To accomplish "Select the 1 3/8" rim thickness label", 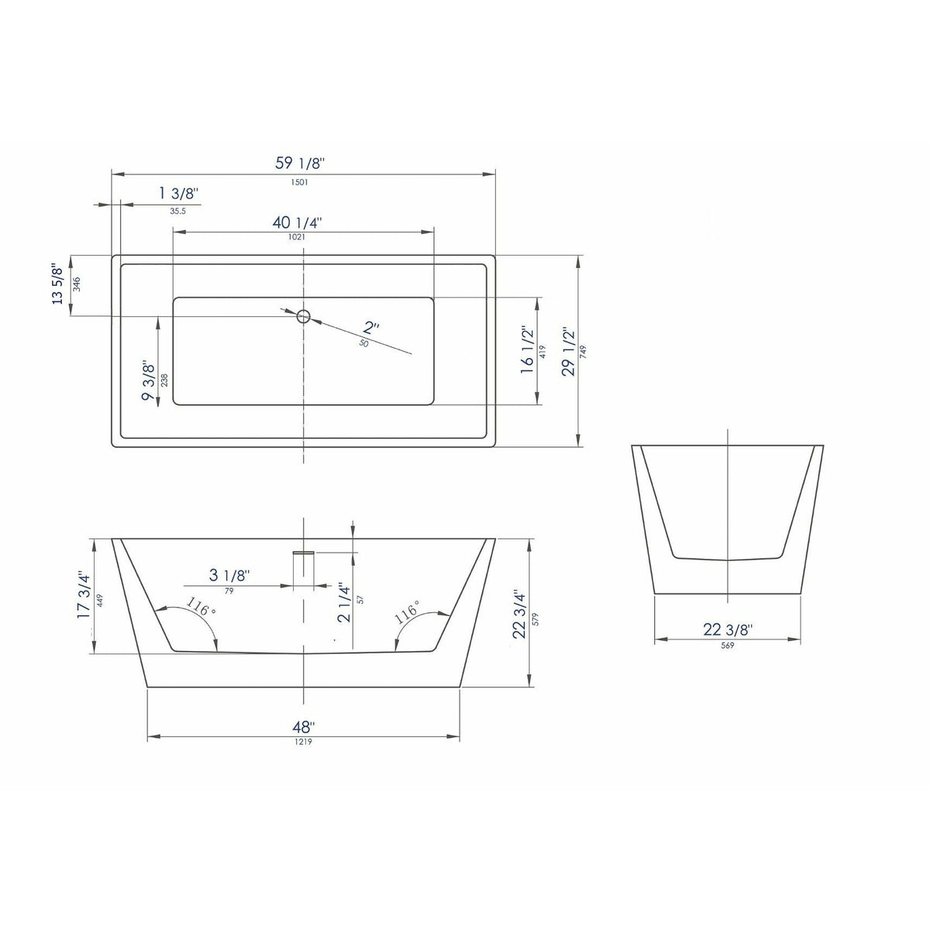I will click(x=179, y=193).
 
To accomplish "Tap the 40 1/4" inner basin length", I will click(x=297, y=222).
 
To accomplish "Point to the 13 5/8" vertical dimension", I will click(x=57, y=284).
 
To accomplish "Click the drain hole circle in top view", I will click(x=303, y=315).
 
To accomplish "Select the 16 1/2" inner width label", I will click(x=528, y=350).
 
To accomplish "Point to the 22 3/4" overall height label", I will click(x=519, y=615).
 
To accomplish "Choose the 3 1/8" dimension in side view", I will click(x=229, y=575).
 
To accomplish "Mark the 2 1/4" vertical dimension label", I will click(x=345, y=602).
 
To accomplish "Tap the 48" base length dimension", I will click(x=303, y=727).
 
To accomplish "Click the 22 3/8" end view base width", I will click(x=728, y=630).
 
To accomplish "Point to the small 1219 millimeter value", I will click(x=302, y=742).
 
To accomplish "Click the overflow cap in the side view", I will click(x=303, y=553).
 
